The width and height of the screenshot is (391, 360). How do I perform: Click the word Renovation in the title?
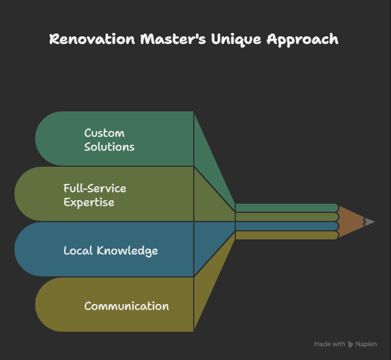[x=87, y=39]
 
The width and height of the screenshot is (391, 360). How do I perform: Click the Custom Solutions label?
[x=109, y=140]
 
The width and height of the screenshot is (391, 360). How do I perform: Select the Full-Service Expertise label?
[x=95, y=195]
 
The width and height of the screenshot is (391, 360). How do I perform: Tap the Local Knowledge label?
[x=110, y=250]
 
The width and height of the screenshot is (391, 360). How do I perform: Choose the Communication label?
[x=126, y=306]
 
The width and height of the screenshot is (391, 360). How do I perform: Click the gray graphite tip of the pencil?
[x=369, y=222]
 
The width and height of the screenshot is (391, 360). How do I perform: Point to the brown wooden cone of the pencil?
[x=351, y=222]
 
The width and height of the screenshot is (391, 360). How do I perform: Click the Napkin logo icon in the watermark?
[x=351, y=344]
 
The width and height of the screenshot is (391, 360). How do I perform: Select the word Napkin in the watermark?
[x=366, y=344]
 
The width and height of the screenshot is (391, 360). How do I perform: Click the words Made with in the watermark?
[x=329, y=344]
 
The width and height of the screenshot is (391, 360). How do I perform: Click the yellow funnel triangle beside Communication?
[x=208, y=294]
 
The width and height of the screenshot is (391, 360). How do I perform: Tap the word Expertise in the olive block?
[x=89, y=202]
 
